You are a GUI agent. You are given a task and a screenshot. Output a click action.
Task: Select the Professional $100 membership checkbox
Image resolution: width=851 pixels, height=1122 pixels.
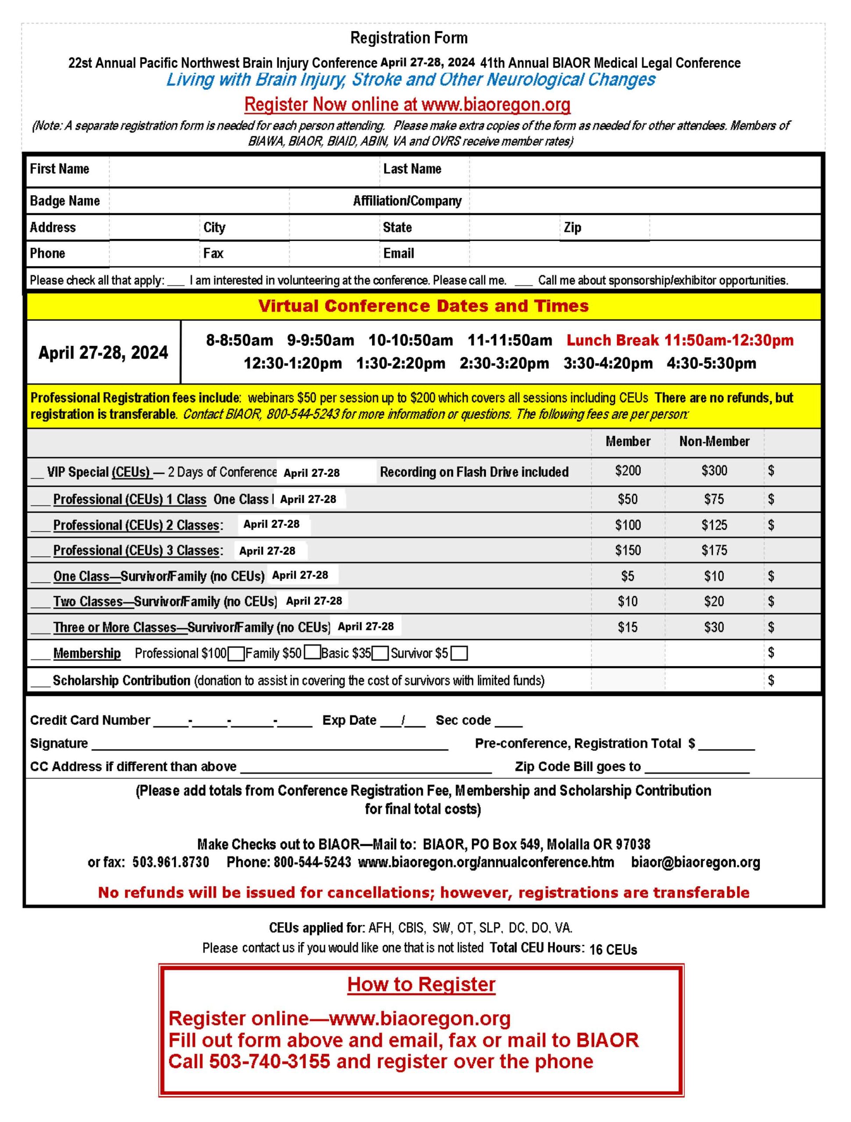(236, 653)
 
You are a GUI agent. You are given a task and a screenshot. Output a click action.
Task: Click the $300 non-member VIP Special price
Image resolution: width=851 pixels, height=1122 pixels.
(714, 471)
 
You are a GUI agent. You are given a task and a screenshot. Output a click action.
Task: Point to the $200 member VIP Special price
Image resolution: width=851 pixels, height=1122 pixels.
(628, 471)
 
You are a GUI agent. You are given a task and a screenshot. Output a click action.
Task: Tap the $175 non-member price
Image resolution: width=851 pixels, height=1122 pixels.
(714, 550)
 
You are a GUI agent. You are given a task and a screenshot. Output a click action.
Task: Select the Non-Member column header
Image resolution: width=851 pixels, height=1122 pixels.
(714, 441)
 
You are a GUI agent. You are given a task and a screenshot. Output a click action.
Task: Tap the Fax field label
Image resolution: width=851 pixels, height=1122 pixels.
(213, 253)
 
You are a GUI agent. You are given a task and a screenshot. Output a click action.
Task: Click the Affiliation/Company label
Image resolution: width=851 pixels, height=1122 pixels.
(407, 201)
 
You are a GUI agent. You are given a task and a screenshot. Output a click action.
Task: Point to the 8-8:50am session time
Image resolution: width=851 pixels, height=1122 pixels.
(239, 341)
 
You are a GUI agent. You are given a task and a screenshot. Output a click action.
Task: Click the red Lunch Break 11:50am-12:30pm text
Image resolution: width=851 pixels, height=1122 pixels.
(680, 341)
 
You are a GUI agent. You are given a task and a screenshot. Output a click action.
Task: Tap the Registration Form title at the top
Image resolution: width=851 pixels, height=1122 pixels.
(409, 38)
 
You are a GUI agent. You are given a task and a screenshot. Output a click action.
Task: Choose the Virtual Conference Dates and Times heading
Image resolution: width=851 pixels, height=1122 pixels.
(423, 306)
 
